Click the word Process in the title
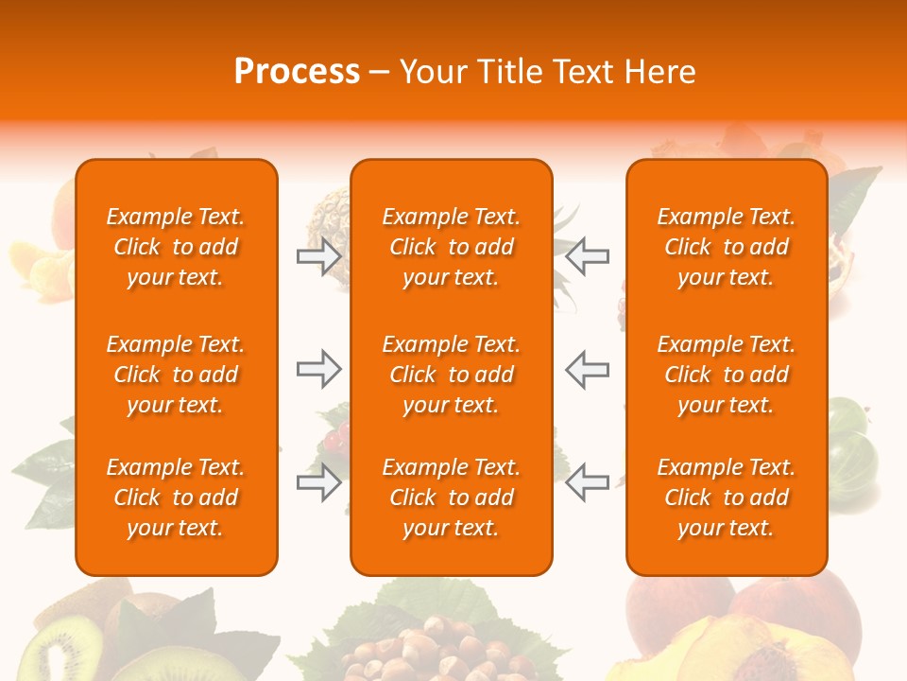297,72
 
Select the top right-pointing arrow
319,256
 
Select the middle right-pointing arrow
319,369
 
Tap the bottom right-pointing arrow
319,482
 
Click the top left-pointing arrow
588,256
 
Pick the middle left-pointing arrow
588,369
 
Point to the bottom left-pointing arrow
588,482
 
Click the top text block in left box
176,247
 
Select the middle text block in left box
176,375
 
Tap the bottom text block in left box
176,498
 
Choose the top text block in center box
452,247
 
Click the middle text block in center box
452,375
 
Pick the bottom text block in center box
452,498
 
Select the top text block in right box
727,247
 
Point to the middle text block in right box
727,375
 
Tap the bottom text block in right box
727,498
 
